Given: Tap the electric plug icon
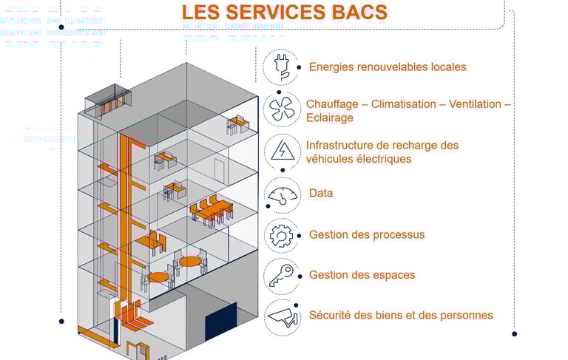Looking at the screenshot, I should click(281, 67).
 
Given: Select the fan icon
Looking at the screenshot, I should click(281, 109).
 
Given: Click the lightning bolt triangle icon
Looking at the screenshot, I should click(281, 151).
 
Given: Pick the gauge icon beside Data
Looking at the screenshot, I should click(282, 195).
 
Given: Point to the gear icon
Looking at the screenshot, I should click(281, 236).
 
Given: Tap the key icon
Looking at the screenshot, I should click(281, 276).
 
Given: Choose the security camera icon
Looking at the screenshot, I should click(282, 316).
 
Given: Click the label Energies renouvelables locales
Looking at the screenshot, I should click(388, 67).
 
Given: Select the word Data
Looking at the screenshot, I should click(321, 193).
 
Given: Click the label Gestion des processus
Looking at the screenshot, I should click(367, 234).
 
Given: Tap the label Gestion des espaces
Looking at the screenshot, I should click(362, 275).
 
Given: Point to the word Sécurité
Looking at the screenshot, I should click(331, 315).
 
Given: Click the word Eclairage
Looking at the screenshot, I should click(330, 118).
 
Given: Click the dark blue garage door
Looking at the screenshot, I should click(220, 323).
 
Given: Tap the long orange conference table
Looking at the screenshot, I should click(211, 211).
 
